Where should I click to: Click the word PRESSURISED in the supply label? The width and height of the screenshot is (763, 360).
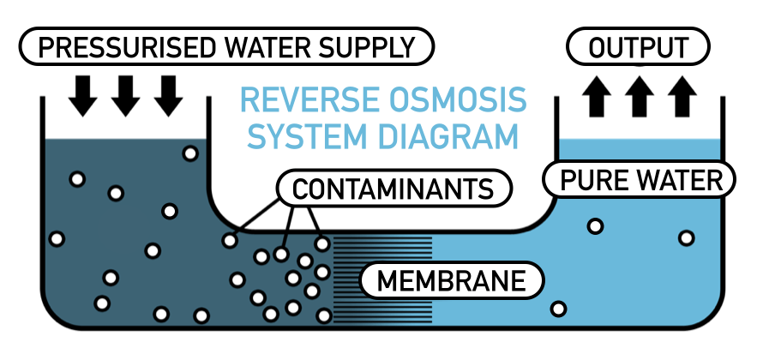point(121,47)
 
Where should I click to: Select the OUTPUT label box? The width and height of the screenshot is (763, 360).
point(639,47)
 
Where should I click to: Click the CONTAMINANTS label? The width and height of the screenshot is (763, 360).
point(394,188)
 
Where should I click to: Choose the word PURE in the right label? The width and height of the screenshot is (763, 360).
point(594,181)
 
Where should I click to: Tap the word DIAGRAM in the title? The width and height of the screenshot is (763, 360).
point(452,137)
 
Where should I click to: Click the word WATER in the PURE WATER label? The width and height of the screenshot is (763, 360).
point(681,181)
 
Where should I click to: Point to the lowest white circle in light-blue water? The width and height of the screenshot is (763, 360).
point(559,309)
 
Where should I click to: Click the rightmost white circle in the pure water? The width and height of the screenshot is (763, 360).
point(686,237)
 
